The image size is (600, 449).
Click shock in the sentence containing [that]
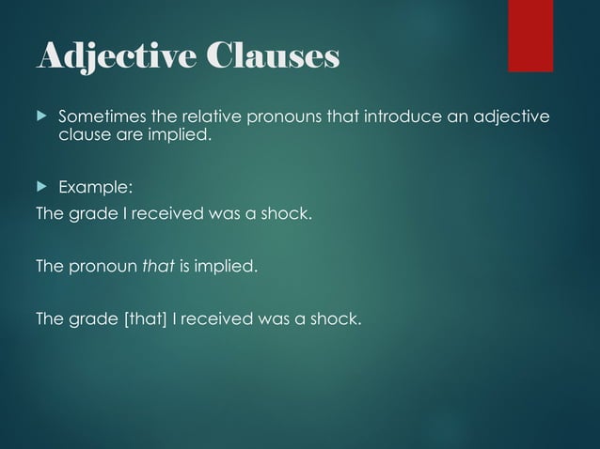(x=338, y=319)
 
